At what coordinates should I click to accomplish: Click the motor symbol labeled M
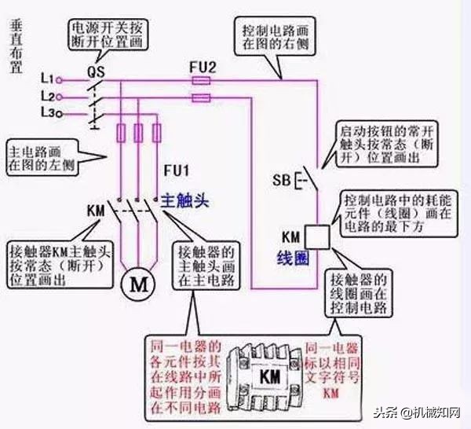coord(138,285)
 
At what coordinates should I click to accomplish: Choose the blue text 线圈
coord(290,256)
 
